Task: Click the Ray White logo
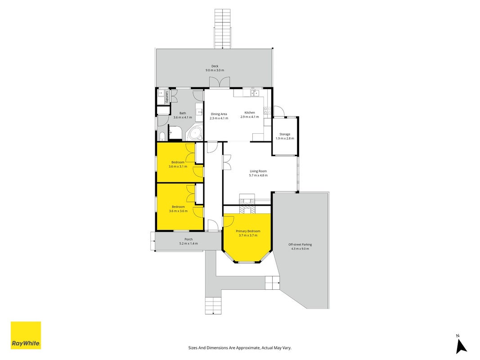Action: coord(26,335)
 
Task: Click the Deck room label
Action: coord(215,66)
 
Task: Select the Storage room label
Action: coord(285,134)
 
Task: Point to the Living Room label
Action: coord(258,171)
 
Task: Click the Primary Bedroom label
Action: coord(248,231)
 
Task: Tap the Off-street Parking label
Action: coord(300,245)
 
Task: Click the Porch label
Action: coord(188,239)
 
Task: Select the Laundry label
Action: coord(167,97)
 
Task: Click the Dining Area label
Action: coord(219,114)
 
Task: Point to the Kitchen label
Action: coord(250,112)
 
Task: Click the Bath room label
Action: coord(183,113)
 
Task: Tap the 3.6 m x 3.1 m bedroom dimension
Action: coord(178,166)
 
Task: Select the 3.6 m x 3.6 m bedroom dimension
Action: coord(179,211)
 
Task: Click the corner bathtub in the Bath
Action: coord(195,133)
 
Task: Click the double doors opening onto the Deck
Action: coord(219,82)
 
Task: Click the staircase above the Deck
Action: coord(223,29)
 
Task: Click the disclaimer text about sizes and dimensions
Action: coord(240,348)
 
